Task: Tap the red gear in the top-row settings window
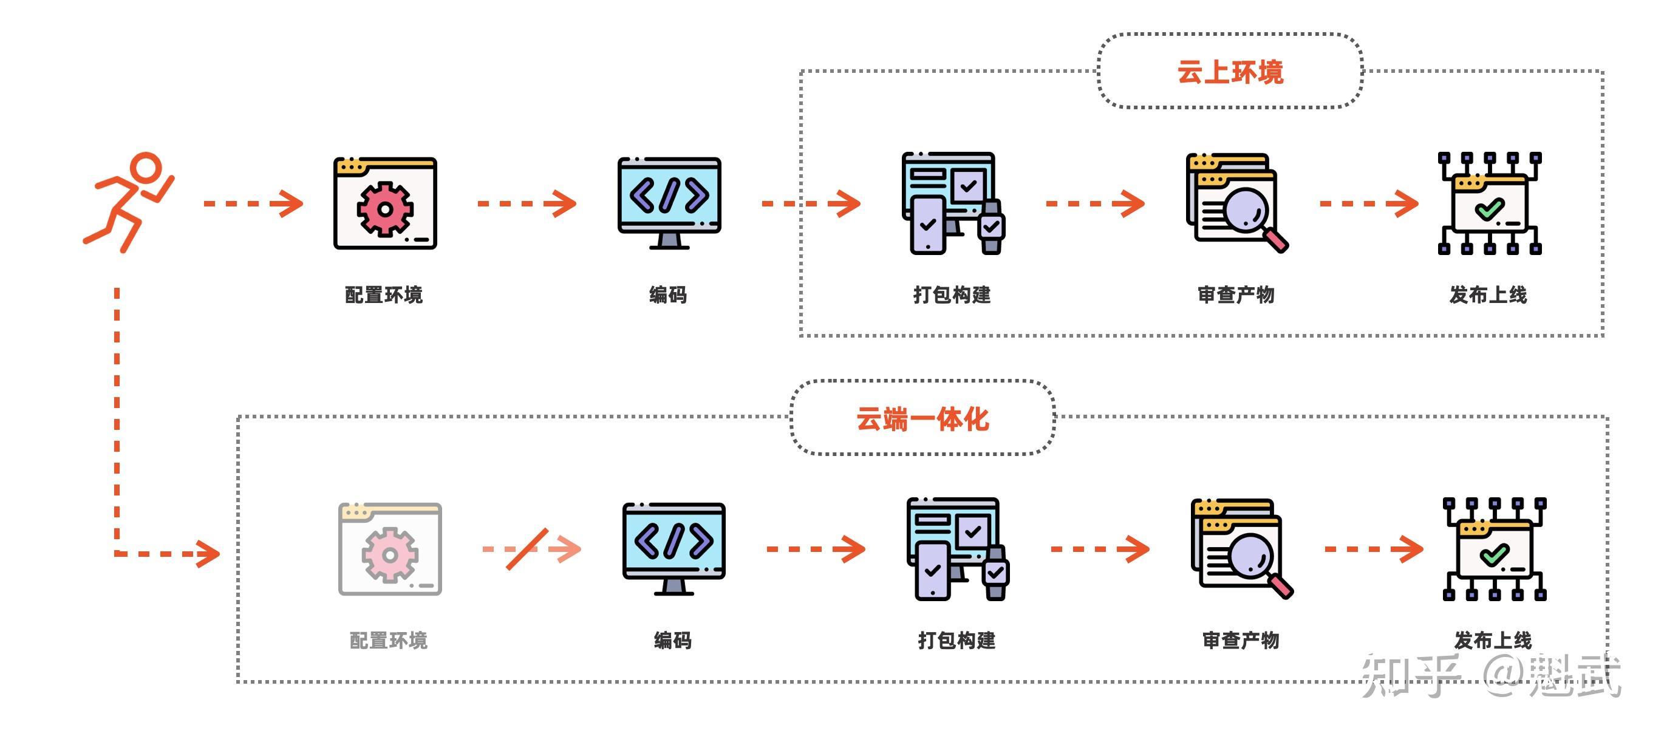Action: click(x=385, y=209)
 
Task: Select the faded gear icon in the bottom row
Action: click(x=389, y=555)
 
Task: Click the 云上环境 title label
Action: click(x=1230, y=72)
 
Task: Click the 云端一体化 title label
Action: click(x=922, y=418)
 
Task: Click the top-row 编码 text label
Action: click(x=668, y=295)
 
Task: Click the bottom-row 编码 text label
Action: click(x=672, y=641)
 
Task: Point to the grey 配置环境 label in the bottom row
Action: click(x=388, y=641)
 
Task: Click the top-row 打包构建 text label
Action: click(x=952, y=295)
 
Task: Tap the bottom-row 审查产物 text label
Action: click(x=1240, y=641)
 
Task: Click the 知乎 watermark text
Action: click(x=1411, y=675)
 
